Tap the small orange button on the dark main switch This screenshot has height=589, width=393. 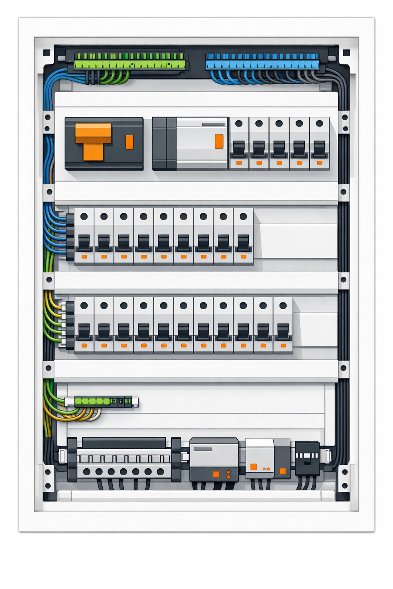tap(129, 142)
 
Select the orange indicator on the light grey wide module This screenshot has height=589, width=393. tap(219, 141)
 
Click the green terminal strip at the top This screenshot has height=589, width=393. tap(130, 61)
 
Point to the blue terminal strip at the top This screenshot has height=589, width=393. tap(263, 61)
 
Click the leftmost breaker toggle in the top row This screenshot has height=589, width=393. tap(239, 149)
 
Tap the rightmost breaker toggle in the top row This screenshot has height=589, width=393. tap(319, 149)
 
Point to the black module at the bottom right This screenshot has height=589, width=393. tap(307, 458)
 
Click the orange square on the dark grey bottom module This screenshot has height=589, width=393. tap(216, 474)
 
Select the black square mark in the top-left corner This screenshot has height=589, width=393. tap(47, 53)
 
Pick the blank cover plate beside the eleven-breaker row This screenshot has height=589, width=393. tap(318, 329)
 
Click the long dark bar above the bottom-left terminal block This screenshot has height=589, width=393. tap(124, 443)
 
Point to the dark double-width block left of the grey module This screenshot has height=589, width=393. tap(164, 144)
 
